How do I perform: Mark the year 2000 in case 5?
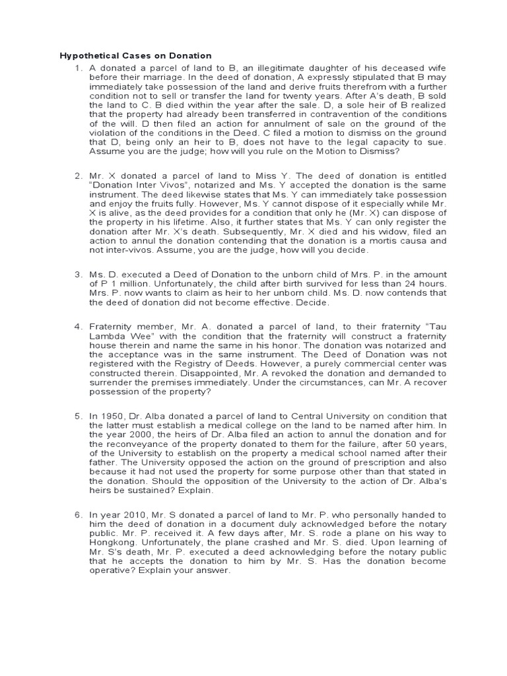pyautogui.click(x=128, y=435)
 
